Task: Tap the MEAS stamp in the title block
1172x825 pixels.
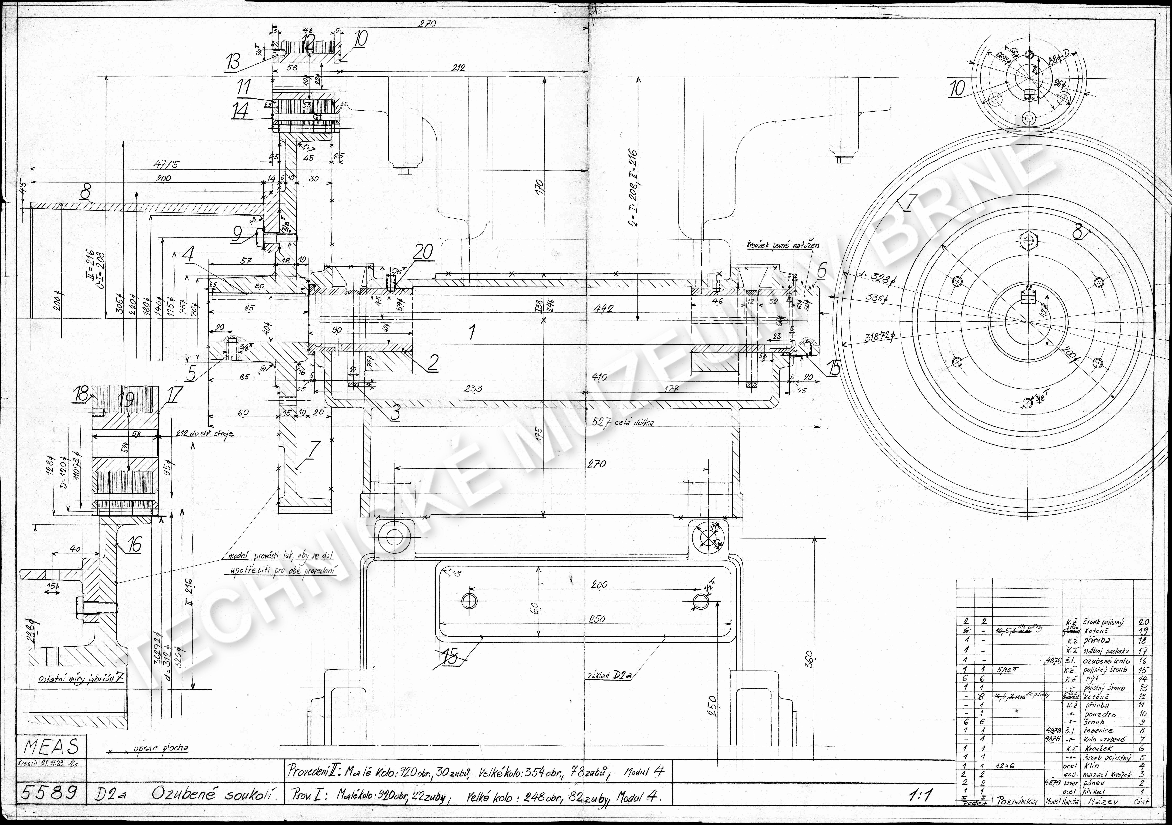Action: click(x=51, y=747)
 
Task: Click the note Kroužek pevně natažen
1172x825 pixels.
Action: click(x=783, y=245)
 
